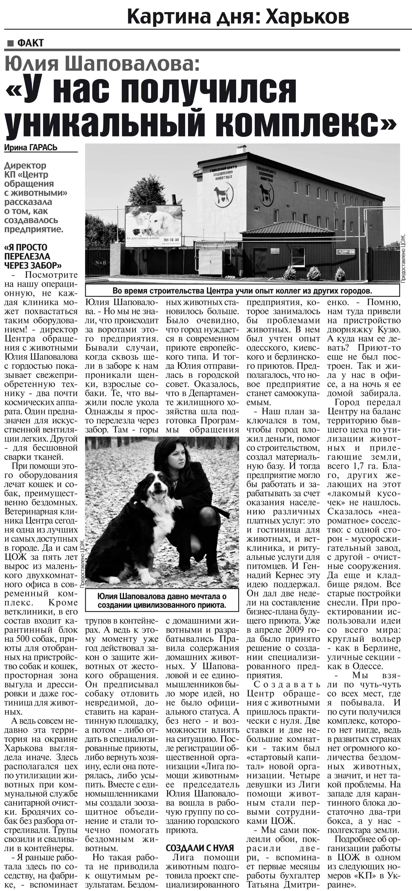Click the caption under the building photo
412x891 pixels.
(x=242, y=290)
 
